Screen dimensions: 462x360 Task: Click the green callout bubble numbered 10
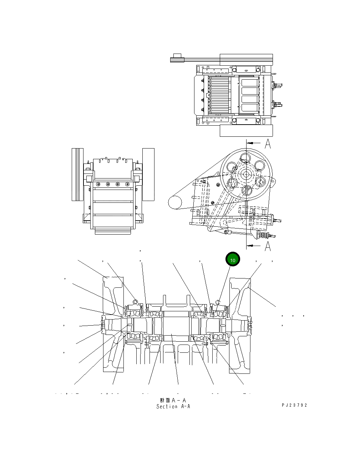232,260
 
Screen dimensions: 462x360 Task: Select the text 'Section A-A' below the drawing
173,406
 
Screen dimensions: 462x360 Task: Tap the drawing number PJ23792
294,405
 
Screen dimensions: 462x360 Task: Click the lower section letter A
268,246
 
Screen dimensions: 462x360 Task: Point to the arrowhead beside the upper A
250,142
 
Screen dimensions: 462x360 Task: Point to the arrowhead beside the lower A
251,245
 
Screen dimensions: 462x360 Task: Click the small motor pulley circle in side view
175,202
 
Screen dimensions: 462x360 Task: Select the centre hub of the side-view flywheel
245,174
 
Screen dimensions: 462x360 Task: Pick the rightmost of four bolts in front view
127,184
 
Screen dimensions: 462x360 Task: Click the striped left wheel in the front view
77,174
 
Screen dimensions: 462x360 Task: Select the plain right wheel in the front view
148,174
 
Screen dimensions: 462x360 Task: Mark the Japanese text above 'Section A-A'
173,401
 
